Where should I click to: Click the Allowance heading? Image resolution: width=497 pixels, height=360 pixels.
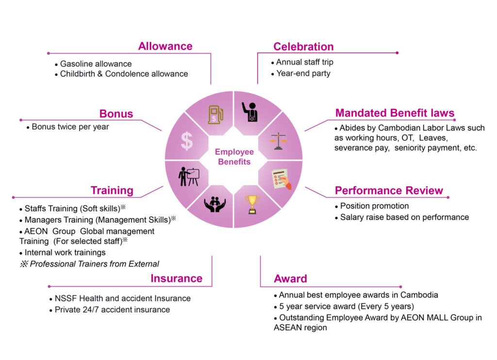point(165,47)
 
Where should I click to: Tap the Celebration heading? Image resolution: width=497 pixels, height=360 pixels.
point(303,47)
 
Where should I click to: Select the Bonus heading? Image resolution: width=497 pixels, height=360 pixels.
point(116,114)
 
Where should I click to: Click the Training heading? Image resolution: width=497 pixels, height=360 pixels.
point(112,190)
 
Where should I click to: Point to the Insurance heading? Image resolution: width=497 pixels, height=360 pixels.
point(176,278)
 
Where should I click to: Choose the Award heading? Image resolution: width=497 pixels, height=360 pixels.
point(290,279)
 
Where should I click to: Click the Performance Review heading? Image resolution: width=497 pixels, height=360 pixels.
point(389,190)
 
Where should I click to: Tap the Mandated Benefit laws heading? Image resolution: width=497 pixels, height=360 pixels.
point(395,114)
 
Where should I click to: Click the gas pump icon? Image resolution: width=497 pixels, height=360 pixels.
point(215,114)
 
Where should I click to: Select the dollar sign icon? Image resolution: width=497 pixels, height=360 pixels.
point(187,140)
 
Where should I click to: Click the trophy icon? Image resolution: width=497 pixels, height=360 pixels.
point(251,205)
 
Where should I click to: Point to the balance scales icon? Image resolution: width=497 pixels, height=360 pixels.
point(278,140)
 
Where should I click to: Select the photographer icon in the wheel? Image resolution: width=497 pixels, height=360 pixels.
point(251,111)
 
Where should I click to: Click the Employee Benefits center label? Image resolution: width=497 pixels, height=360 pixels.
point(234,157)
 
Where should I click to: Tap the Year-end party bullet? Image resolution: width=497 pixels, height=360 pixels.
point(303,73)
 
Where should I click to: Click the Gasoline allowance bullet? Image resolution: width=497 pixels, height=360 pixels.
point(96,64)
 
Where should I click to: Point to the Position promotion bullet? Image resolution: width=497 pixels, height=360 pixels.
point(374,206)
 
